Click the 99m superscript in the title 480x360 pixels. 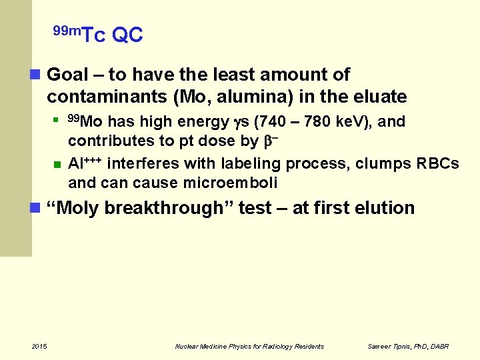[x=67, y=30]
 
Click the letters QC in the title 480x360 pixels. [x=127, y=35]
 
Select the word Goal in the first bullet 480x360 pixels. [x=69, y=75]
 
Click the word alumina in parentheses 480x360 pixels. [x=252, y=97]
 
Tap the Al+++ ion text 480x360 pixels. [x=85, y=163]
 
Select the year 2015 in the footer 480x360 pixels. [x=39, y=346]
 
